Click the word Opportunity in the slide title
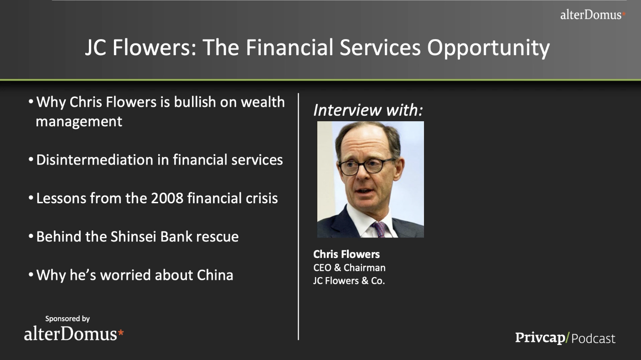click(x=488, y=47)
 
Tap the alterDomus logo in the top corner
click(x=593, y=15)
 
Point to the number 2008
click(x=167, y=198)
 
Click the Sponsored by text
click(x=67, y=319)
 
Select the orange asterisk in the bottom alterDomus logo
click(x=121, y=333)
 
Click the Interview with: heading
click(x=368, y=110)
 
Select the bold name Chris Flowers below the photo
click(x=346, y=254)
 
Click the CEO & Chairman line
click(x=349, y=267)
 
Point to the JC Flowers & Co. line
click(x=349, y=281)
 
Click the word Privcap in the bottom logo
click(x=540, y=338)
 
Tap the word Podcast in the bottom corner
click(x=593, y=339)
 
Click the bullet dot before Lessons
click(x=31, y=198)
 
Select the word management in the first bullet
click(x=79, y=122)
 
